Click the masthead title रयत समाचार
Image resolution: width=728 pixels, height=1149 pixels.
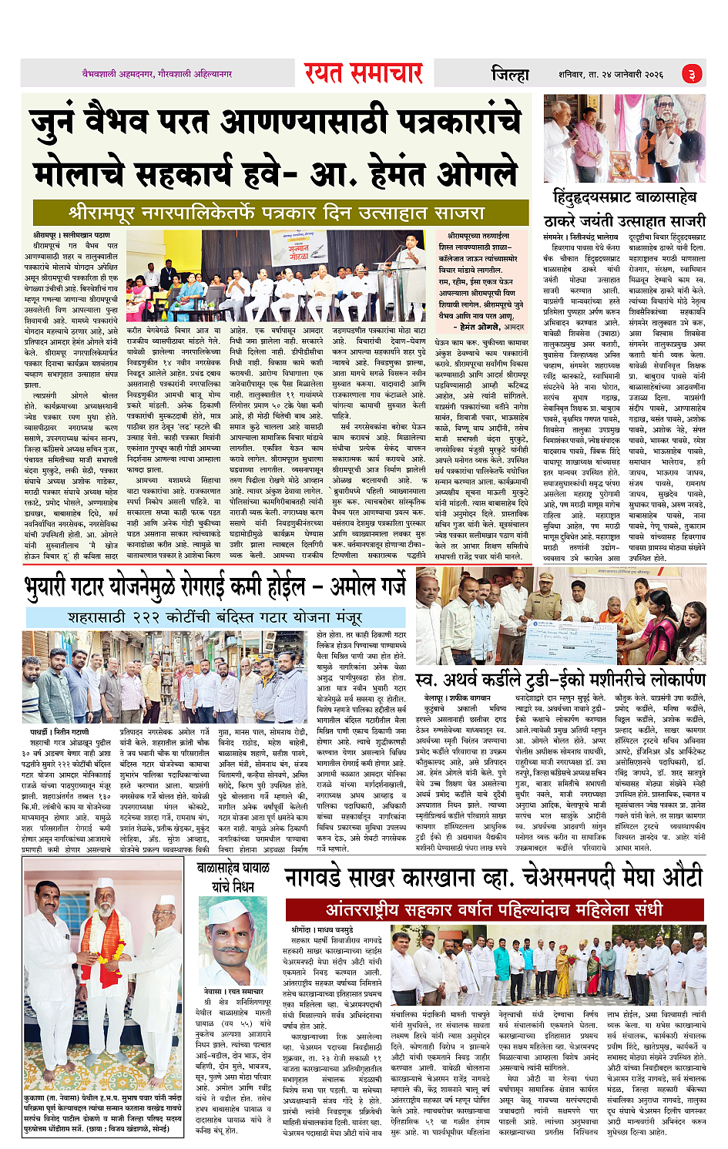coord(363,73)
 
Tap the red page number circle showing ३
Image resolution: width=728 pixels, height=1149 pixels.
coord(691,74)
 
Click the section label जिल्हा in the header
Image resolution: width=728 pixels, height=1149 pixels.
coord(510,74)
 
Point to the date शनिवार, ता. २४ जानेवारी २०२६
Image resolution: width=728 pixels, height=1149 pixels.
coord(611,74)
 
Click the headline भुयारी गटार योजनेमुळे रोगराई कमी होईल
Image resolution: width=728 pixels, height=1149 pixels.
coord(215,587)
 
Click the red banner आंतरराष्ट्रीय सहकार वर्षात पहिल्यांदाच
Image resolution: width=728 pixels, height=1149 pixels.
coord(494,909)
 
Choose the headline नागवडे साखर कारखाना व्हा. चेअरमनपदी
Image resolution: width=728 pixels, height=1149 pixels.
coord(494,877)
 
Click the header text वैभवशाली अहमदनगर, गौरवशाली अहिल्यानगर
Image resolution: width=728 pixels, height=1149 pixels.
coord(157,74)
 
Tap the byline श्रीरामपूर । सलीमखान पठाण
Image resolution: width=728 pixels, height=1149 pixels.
coord(72,234)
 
